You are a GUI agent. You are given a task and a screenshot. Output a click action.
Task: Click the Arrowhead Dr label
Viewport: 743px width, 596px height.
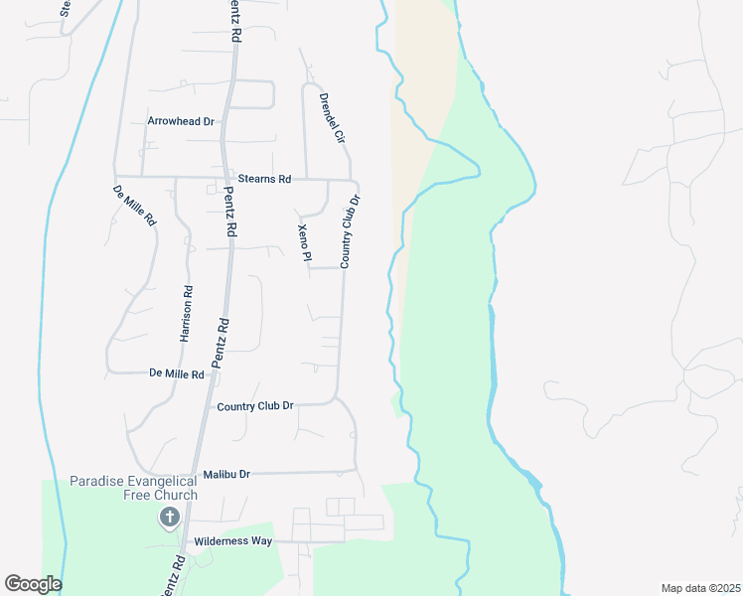pos(181,121)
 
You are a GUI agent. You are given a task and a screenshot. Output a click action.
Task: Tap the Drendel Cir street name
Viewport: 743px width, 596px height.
pos(331,116)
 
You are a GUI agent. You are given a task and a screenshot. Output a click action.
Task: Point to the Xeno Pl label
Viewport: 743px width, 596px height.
pos(305,243)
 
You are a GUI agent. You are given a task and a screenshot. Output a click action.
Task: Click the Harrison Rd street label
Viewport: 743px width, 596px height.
pos(186,314)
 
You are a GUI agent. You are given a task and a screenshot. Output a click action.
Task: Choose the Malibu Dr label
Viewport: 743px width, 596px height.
pos(224,475)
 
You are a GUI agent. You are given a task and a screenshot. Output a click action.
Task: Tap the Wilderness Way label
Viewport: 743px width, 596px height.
pos(232,541)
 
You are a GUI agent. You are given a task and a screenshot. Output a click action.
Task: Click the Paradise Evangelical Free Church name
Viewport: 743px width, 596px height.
pos(133,488)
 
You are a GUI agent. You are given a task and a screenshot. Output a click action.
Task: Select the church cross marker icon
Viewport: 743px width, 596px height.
pos(169,517)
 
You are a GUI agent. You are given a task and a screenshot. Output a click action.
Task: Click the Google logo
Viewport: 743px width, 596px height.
pos(33,584)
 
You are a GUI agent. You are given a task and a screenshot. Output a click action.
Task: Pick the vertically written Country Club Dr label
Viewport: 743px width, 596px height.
pos(349,231)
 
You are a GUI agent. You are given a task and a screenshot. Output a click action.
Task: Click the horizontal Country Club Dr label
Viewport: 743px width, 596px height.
pos(255,406)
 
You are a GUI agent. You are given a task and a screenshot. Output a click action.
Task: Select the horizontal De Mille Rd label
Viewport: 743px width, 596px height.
pos(176,374)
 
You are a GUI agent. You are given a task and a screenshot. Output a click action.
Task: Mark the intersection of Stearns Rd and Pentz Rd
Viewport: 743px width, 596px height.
pos(226,179)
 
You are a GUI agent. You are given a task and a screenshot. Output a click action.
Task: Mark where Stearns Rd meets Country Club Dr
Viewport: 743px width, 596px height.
pos(355,181)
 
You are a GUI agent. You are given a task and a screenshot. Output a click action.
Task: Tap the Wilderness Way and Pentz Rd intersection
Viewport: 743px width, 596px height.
pos(185,542)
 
